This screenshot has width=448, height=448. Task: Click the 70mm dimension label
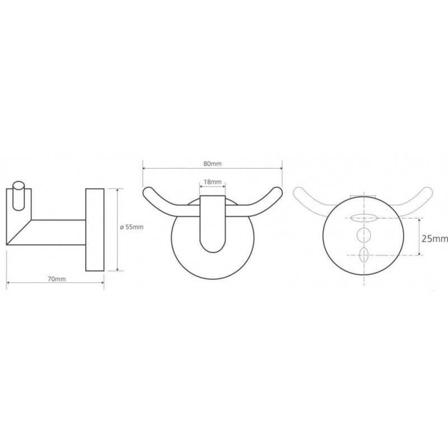click(x=57, y=279)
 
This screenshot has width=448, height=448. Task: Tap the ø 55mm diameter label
click(x=132, y=227)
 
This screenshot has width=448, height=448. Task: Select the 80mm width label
click(x=212, y=164)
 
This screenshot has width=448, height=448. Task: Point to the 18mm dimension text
click(x=213, y=181)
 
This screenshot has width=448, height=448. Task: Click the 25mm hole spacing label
click(x=435, y=239)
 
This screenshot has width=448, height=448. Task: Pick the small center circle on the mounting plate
click(x=363, y=235)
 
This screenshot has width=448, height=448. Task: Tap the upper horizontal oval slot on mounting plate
click(x=363, y=218)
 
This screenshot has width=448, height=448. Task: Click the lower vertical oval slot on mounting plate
click(x=363, y=255)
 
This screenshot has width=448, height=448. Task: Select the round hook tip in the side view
click(x=19, y=196)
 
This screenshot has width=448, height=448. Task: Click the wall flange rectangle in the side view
click(x=95, y=230)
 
